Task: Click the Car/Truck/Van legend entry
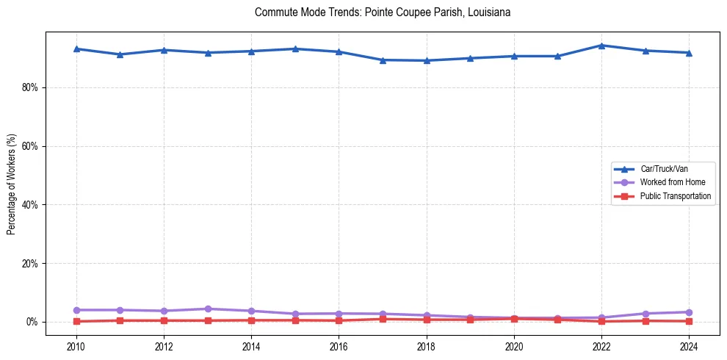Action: pyautogui.click(x=664, y=169)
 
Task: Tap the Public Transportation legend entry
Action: pyautogui.click(x=675, y=196)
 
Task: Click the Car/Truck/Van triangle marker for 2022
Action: pyautogui.click(x=601, y=46)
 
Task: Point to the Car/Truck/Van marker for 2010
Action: pyautogui.click(x=76, y=48)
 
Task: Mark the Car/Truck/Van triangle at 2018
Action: pyautogui.click(x=427, y=60)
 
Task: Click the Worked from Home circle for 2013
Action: pyautogui.click(x=208, y=309)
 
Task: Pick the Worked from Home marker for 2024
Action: pyautogui.click(x=689, y=312)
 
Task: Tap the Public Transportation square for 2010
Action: pyautogui.click(x=76, y=322)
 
